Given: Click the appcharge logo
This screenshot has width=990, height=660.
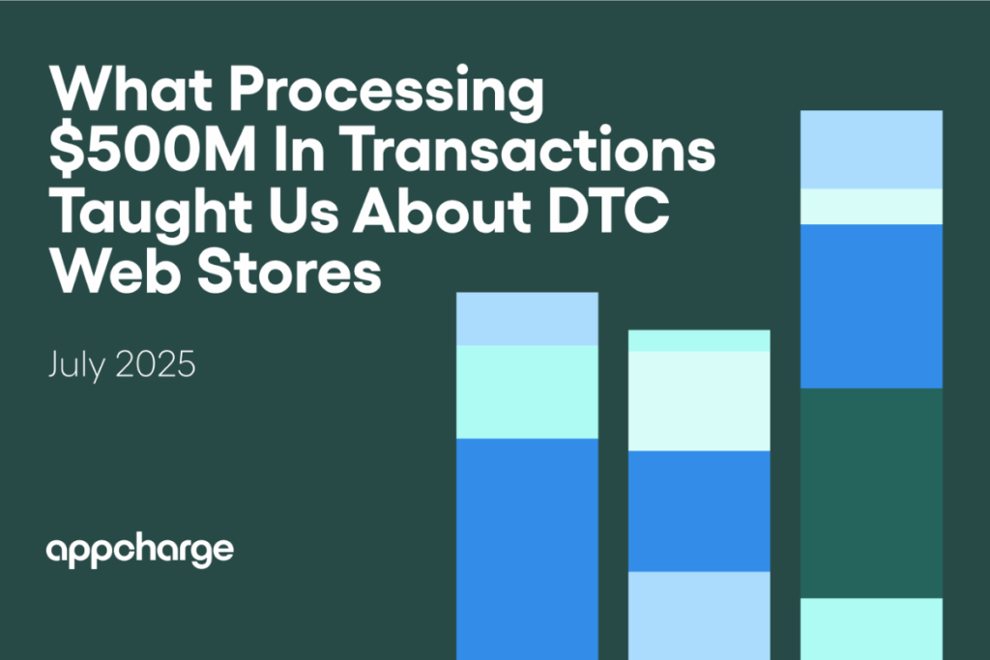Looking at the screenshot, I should tap(140, 551).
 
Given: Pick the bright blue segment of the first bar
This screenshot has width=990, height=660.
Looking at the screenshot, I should tap(527, 548).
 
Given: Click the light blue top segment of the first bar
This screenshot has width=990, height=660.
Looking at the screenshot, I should tap(527, 318).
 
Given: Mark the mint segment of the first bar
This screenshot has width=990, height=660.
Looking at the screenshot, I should tap(527, 391).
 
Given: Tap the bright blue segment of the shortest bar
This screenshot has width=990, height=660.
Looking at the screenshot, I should tap(699, 510).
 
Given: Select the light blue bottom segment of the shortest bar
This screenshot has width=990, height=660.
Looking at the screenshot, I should tap(699, 615).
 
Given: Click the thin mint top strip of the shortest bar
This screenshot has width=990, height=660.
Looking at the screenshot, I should tap(699, 340).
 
